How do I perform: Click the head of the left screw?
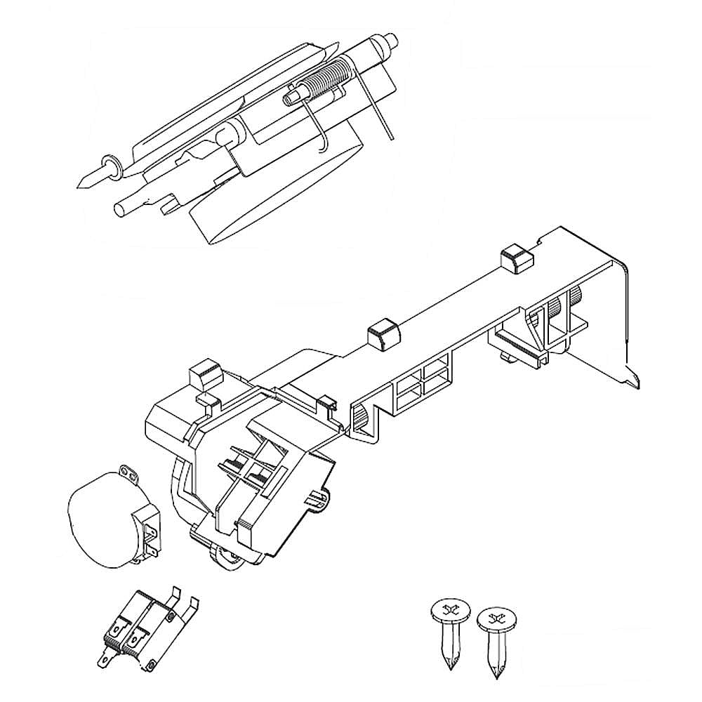click(x=446, y=611)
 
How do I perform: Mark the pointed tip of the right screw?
click(x=497, y=675)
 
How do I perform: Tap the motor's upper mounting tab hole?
click(x=126, y=469)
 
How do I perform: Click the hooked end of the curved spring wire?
click(x=322, y=147)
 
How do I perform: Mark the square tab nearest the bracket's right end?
click(x=516, y=260)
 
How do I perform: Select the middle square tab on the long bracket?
click(x=383, y=332)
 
